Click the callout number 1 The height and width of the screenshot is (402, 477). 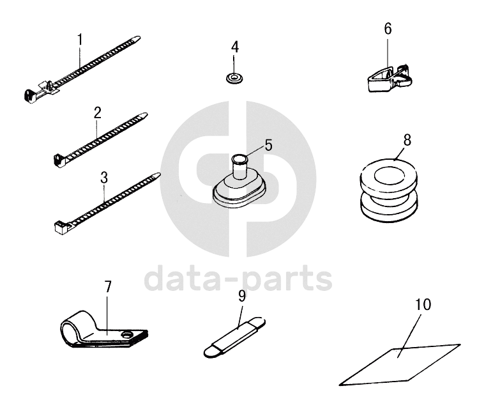80,39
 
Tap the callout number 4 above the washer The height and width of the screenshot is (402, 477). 235,47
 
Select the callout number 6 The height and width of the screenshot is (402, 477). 388,29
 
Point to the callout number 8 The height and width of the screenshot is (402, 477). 407,140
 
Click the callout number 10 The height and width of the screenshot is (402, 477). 423,305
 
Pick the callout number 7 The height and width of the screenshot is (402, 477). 108,286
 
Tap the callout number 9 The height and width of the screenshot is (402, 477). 242,296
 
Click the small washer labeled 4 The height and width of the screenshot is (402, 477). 235,78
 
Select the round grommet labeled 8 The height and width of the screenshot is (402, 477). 389,190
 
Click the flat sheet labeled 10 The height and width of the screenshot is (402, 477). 400,365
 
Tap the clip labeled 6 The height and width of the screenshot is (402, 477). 388,78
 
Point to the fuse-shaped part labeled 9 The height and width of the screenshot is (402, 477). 234,337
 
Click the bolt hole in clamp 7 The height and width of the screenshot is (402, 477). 126,335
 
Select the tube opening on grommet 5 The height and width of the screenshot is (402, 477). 239,158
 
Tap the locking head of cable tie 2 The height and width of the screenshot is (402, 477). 59,160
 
